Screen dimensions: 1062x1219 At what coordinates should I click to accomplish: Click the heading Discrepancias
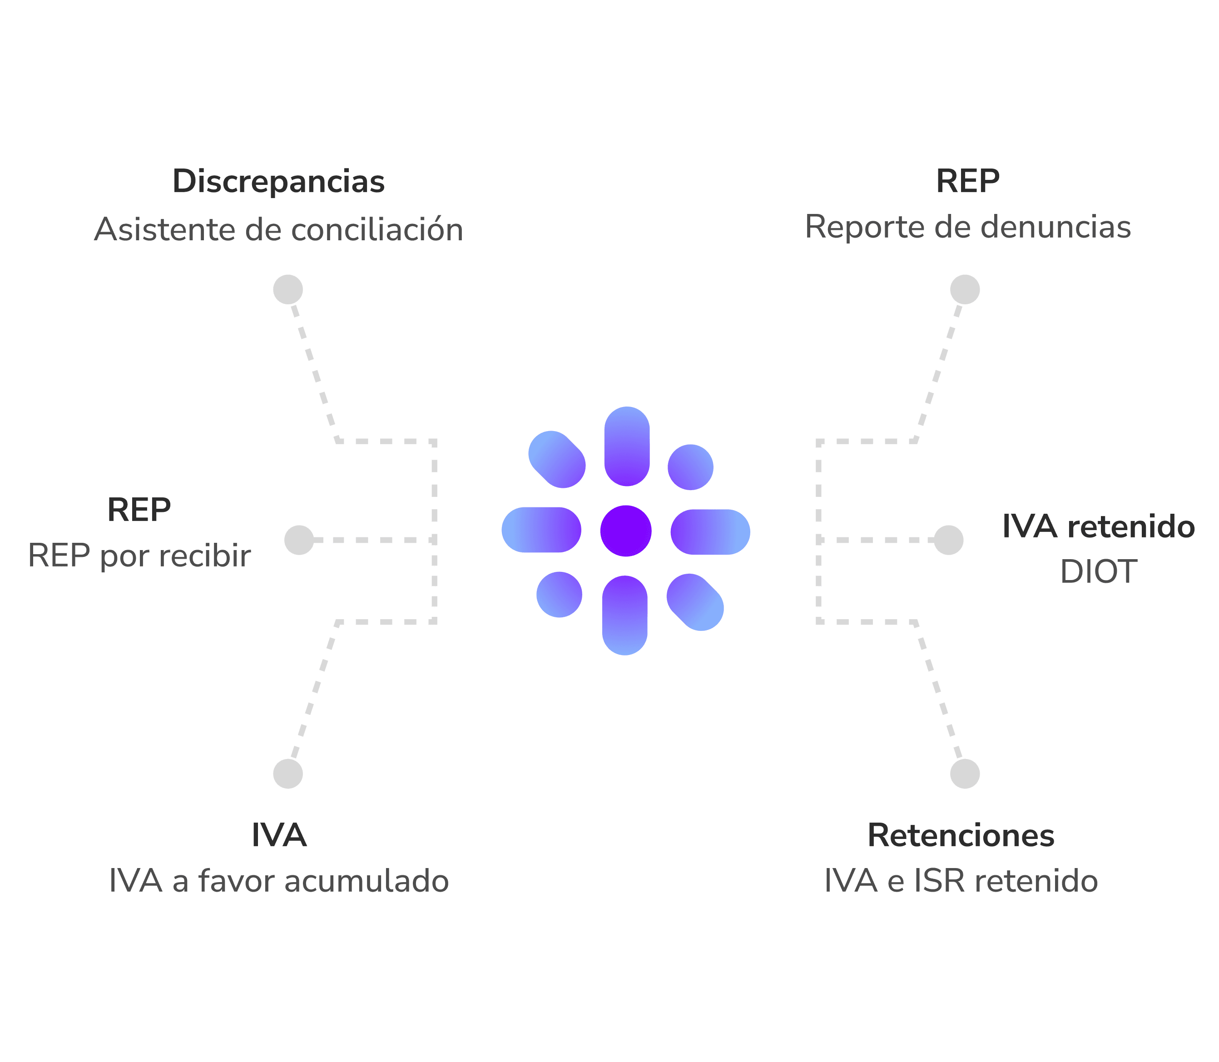[278, 181]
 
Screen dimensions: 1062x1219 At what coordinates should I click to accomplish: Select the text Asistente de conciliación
[278, 229]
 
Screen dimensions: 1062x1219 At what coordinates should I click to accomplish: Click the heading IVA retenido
[1098, 526]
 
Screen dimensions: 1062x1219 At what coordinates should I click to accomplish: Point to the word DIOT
[1098, 572]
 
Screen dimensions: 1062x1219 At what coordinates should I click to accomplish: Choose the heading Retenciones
[961, 836]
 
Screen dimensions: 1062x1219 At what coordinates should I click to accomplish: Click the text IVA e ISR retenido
[961, 881]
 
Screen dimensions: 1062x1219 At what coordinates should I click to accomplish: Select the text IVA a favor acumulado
[278, 881]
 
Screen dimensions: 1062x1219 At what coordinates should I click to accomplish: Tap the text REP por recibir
[139, 556]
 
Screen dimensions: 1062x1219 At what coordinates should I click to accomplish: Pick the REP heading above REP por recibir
[139, 510]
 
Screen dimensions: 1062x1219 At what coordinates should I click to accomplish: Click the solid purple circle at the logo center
[626, 531]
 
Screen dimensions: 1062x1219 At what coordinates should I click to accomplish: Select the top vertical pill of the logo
[627, 446]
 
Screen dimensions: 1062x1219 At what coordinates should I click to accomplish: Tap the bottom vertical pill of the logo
[624, 615]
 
